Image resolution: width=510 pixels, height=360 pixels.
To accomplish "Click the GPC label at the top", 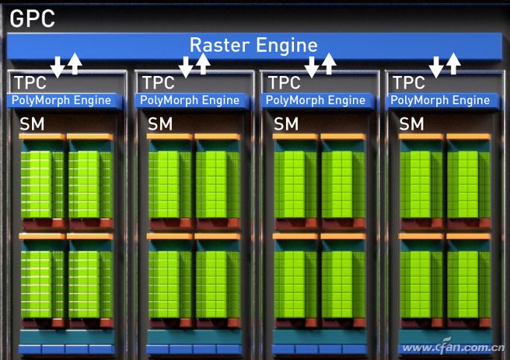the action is [x=33, y=18].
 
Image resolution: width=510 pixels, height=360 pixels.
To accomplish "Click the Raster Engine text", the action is [x=254, y=45].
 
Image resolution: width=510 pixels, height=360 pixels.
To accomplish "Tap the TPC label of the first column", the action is [x=31, y=83].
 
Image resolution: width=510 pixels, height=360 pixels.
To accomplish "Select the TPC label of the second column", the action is [x=158, y=83].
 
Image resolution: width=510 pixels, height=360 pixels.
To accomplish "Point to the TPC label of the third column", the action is [x=284, y=83].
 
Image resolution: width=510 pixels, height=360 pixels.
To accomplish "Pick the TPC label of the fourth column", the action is [x=409, y=83].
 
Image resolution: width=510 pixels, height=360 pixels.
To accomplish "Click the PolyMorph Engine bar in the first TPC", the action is [x=62, y=100].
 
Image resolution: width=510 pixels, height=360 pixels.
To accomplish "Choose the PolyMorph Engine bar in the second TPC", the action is [x=190, y=100].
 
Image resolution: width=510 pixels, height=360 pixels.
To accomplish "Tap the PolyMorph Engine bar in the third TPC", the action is [x=316, y=100].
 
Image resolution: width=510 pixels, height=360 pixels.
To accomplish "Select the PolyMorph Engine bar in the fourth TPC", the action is [x=441, y=100].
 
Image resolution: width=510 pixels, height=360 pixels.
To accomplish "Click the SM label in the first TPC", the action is [x=32, y=124].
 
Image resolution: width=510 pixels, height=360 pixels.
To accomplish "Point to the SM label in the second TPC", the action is [x=159, y=124].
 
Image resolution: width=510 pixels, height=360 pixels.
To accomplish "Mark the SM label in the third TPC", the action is [x=286, y=124].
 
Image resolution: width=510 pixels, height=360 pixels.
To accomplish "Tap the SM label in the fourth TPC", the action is [x=412, y=124].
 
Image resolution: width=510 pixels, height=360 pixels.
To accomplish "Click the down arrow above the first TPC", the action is [x=57, y=67].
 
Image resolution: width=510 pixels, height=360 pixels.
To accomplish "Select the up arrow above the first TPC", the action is [x=74, y=64].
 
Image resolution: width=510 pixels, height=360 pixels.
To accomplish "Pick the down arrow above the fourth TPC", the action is [x=436, y=67].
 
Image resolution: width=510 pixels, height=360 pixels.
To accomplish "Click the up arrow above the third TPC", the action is [x=328, y=64].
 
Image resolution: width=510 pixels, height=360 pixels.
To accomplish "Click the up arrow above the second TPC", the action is [x=203, y=64].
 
